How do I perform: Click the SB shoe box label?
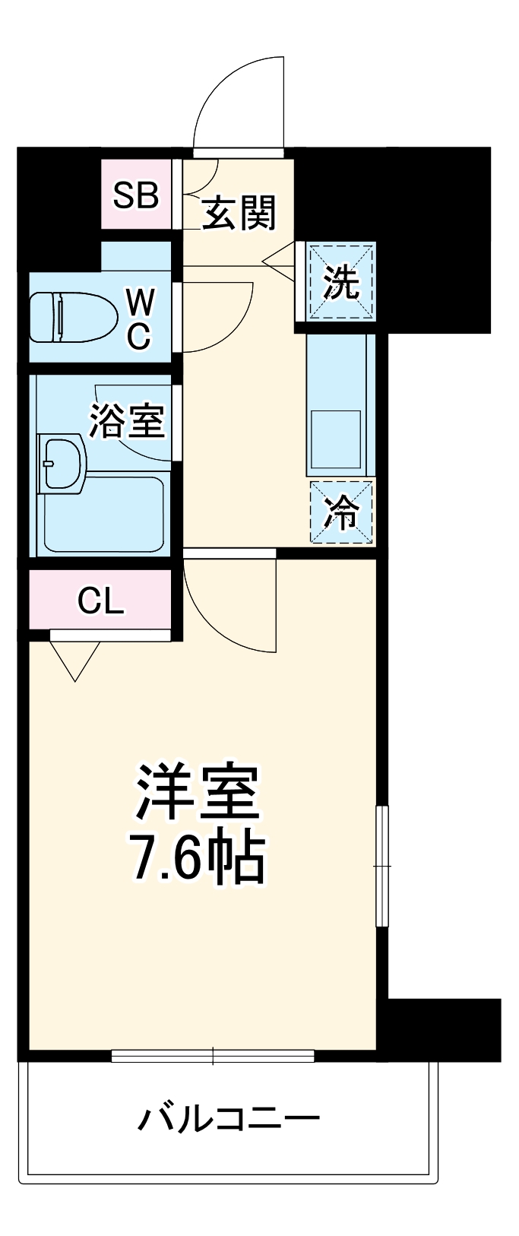(x=136, y=195)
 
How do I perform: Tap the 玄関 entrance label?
(x=239, y=212)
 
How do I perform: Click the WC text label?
(x=138, y=319)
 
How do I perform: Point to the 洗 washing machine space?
(x=341, y=282)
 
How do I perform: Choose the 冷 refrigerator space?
(x=342, y=512)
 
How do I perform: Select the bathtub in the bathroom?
(x=104, y=514)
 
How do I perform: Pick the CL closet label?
(x=100, y=602)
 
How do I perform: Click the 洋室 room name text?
(x=198, y=791)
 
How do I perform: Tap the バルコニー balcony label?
(x=228, y=1117)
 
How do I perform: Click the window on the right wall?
(x=382, y=866)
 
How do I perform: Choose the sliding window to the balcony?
(x=213, y=1055)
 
